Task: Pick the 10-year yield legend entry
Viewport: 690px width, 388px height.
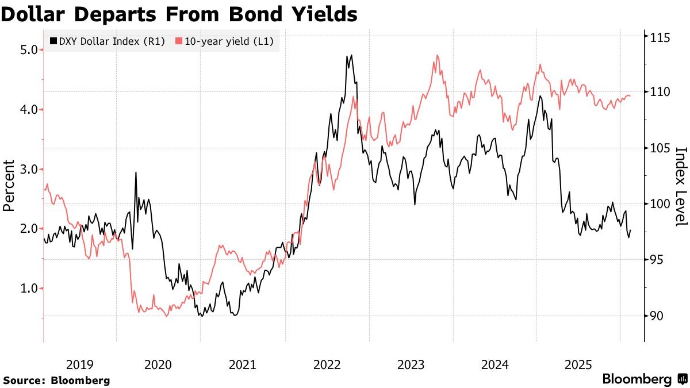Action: [224, 41]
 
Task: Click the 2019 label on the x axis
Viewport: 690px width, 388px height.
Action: [79, 364]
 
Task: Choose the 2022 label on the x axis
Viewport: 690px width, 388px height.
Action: [326, 364]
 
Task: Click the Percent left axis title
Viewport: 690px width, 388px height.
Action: [9, 185]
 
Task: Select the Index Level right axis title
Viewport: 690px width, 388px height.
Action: [681, 185]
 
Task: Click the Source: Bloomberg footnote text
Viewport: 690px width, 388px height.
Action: [56, 380]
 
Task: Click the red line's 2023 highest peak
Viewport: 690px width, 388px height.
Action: [438, 56]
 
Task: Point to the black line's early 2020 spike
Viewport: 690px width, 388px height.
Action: [136, 172]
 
